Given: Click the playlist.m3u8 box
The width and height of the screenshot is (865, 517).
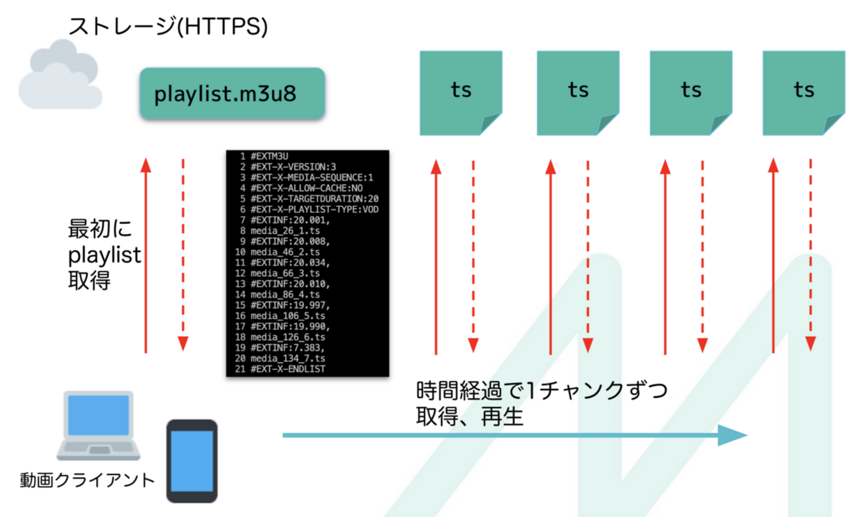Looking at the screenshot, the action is [232, 93].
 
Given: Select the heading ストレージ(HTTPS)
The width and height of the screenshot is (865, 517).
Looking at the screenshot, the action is [168, 26].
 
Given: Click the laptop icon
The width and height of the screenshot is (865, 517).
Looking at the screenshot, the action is [98, 426].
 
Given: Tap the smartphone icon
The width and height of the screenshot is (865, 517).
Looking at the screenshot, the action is [192, 461].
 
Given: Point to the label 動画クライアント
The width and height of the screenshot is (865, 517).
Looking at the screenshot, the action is [87, 480].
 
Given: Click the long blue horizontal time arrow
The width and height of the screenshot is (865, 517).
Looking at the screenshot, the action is [515, 435].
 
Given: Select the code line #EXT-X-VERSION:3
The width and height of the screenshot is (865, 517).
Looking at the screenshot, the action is [293, 167].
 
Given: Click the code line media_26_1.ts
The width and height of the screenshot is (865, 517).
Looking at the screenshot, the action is [285, 231].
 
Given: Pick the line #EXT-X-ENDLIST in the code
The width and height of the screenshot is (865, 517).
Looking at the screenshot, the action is [288, 369].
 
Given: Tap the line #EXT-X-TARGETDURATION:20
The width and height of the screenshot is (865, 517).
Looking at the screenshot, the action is [315, 199].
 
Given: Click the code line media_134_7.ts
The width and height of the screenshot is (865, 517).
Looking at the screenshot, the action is [287, 359].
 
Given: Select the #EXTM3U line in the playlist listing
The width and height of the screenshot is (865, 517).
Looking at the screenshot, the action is [269, 157].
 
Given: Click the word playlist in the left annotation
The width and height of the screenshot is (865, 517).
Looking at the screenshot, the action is [104, 256].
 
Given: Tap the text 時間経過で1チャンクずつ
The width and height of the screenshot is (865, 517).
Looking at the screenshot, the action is [542, 391].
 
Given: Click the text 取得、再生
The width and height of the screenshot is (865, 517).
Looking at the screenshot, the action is [470, 417].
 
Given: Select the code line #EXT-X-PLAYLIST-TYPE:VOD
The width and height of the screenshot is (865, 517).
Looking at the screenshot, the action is [315, 210].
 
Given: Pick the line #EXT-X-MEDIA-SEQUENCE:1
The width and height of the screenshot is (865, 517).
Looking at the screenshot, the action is [312, 177].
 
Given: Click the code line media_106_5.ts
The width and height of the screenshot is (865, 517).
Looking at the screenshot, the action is [287, 316].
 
